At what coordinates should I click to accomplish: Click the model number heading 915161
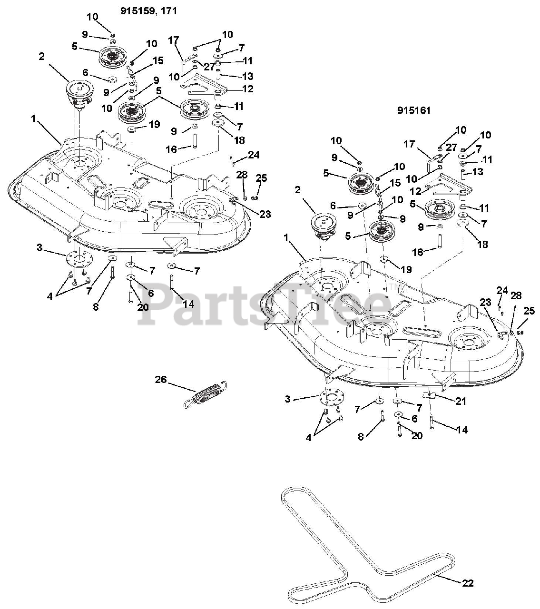click(x=414, y=110)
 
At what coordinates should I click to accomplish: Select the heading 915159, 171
click(x=148, y=11)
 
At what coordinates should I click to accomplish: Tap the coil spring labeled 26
click(x=205, y=394)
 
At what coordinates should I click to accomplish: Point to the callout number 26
click(x=160, y=379)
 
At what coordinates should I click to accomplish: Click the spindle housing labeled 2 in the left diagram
click(x=79, y=93)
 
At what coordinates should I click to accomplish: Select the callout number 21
click(x=461, y=401)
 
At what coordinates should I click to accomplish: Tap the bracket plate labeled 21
click(x=432, y=395)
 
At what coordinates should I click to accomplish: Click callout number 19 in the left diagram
click(x=155, y=124)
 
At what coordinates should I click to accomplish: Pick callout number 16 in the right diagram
click(x=418, y=252)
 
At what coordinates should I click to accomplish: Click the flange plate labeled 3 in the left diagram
click(x=79, y=258)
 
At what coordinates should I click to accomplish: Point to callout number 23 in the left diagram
click(x=265, y=214)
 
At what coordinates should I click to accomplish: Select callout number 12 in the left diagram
click(x=248, y=89)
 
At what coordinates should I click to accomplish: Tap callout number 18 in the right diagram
click(x=482, y=244)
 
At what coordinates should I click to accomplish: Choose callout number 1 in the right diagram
click(x=285, y=238)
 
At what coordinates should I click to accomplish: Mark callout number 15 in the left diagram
click(x=158, y=60)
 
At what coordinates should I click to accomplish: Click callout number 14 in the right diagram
click(x=462, y=430)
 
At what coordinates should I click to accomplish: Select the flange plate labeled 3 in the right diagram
click(x=332, y=398)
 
